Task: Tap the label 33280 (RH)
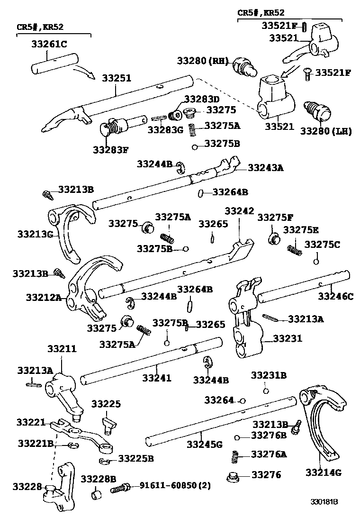point(203,61)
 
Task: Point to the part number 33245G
point(204,444)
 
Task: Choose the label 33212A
point(44,298)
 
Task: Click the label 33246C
point(335,297)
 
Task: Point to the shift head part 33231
point(246,322)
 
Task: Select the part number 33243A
point(266,167)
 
